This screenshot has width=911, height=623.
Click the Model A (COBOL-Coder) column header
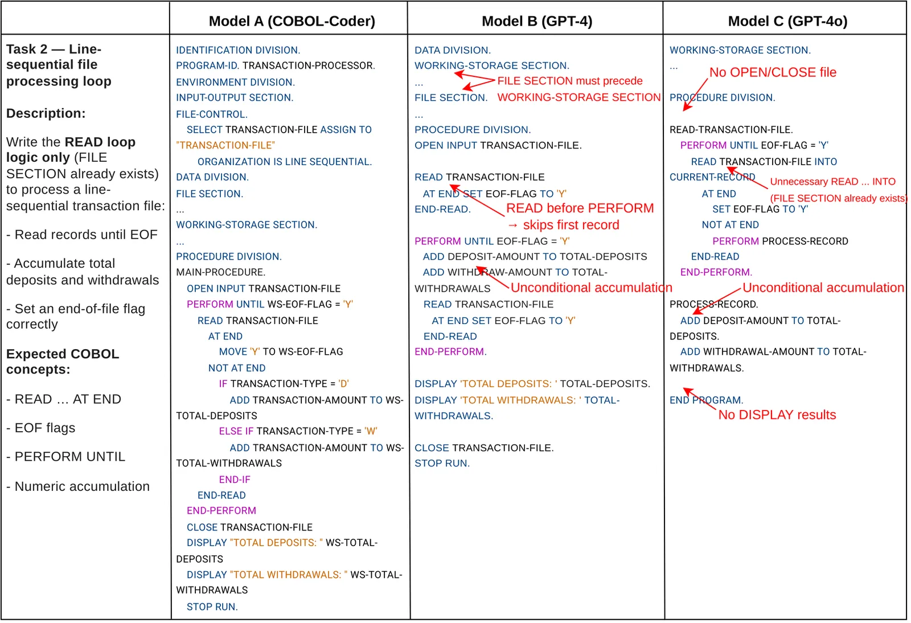click(292, 21)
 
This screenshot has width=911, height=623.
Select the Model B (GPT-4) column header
click(536, 21)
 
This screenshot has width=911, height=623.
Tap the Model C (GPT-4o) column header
click(787, 21)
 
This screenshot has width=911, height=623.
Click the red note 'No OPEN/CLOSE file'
click(772, 72)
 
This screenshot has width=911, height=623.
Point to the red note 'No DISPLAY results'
click(777, 415)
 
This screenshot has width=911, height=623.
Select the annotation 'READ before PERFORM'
click(580, 208)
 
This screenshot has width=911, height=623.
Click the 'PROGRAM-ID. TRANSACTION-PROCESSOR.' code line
click(275, 65)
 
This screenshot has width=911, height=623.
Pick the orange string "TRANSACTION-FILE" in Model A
click(225, 145)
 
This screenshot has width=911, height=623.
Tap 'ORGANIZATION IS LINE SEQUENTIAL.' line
click(284, 162)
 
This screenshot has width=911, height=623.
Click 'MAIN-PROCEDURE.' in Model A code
click(220, 272)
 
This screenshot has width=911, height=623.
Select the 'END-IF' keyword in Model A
click(235, 479)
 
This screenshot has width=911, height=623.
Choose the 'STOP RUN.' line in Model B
click(442, 464)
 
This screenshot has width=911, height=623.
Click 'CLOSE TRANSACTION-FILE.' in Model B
click(484, 448)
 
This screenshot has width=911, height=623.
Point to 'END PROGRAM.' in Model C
click(706, 400)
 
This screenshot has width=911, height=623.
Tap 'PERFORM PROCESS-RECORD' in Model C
click(779, 241)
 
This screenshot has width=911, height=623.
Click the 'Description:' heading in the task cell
click(46, 113)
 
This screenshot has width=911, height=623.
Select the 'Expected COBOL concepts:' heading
click(63, 362)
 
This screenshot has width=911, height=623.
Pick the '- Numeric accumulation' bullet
click(78, 486)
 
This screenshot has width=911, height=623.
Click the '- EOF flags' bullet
click(41, 428)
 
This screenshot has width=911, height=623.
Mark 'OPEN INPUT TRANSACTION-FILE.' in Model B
click(498, 145)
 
